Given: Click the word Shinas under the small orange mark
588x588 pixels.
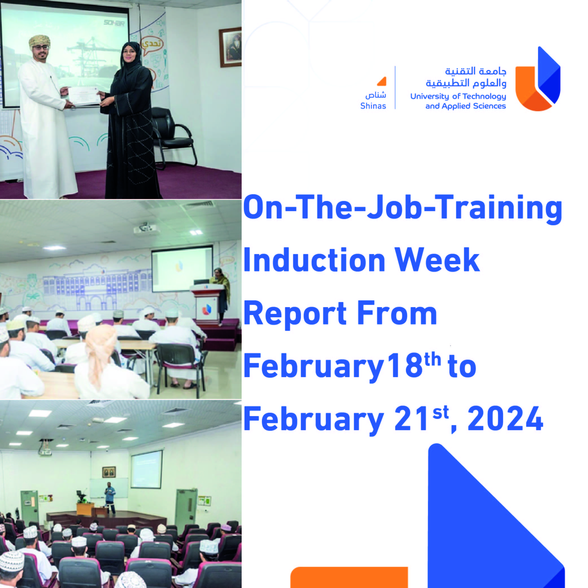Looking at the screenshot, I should click(x=373, y=106).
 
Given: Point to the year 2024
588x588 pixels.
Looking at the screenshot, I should click(x=505, y=419).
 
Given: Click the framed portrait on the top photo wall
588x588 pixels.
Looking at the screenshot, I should click(x=230, y=47).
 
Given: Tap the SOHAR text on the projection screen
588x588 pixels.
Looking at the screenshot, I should click(x=114, y=23).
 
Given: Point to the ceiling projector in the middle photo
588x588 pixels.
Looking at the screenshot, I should click(x=145, y=228).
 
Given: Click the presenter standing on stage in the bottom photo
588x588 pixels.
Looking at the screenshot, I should click(x=110, y=498).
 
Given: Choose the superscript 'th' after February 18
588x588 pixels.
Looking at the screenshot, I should click(x=432, y=359).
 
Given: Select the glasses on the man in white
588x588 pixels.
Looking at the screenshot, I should click(x=41, y=47).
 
